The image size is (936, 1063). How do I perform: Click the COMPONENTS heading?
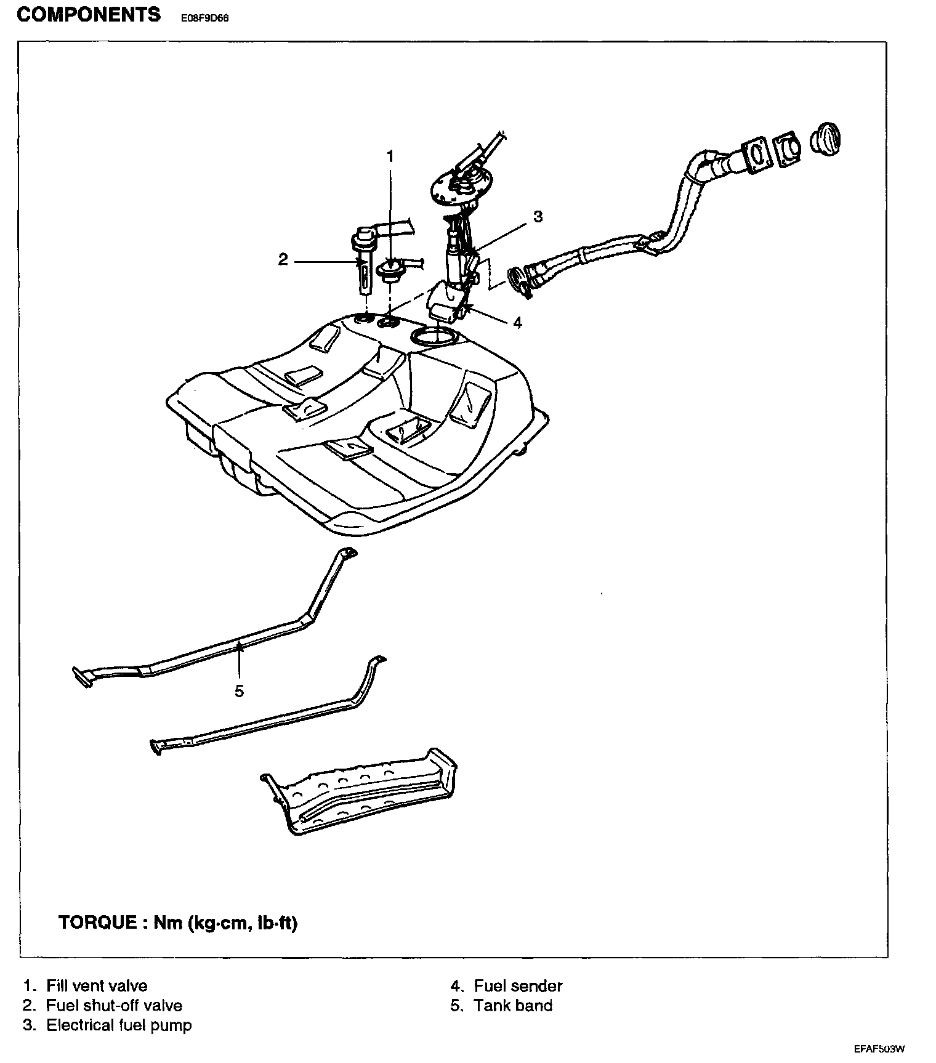(89, 15)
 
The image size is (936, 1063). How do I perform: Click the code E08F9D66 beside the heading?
(204, 18)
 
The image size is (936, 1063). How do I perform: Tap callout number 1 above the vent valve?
(389, 156)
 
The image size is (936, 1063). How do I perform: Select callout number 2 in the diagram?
(283, 260)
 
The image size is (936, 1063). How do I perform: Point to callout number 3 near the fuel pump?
(538, 217)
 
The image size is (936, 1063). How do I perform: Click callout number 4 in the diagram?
(517, 323)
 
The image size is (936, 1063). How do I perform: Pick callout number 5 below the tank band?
(239, 691)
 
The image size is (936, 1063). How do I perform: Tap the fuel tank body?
(369, 431)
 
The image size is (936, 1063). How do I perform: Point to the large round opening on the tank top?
(436, 337)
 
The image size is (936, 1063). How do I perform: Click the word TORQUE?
(97, 923)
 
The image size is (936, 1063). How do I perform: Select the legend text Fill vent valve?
(97, 986)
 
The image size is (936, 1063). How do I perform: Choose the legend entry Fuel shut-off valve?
(114, 1006)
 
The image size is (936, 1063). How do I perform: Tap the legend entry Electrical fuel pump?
(119, 1025)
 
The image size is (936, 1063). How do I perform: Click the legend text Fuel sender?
(518, 986)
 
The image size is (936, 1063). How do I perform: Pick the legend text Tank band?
(513, 1006)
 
